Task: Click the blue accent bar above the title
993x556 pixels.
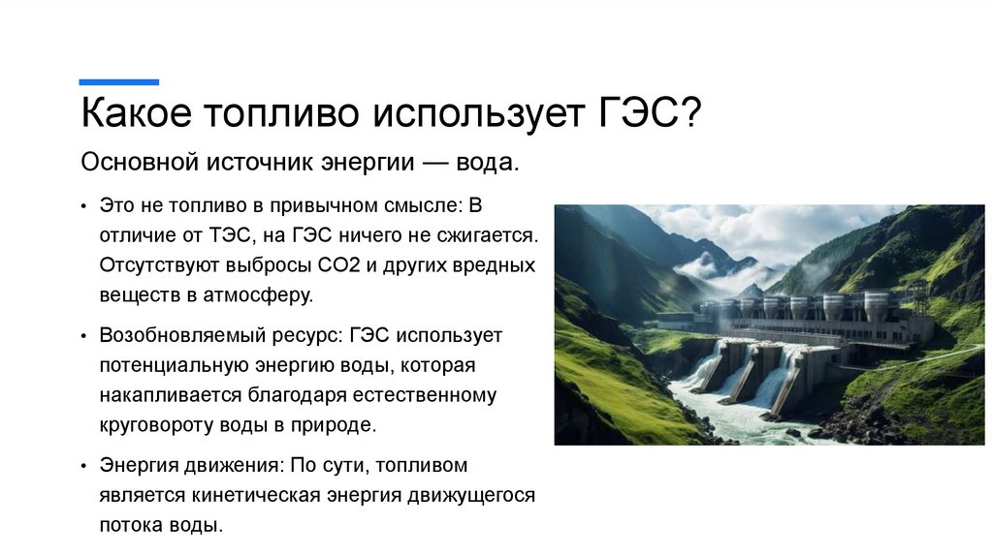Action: (x=118, y=82)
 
